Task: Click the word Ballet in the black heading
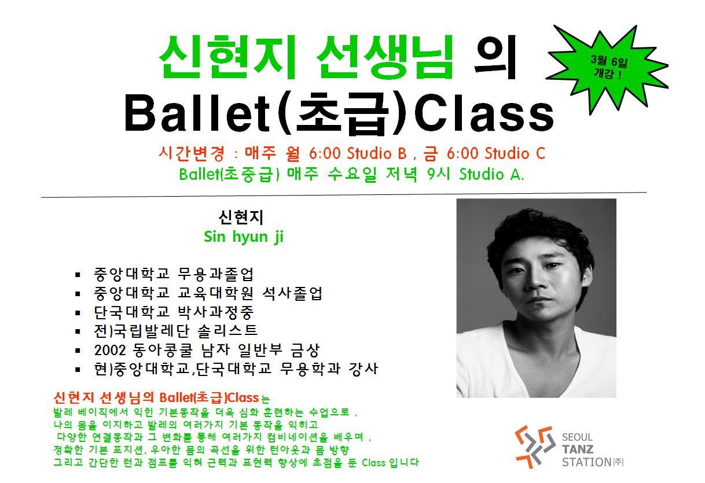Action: pos(197,113)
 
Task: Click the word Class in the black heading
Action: pos(484,113)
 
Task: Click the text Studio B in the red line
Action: pos(376,153)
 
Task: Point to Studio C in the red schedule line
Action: pos(515,153)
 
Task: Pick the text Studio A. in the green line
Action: pos(491,174)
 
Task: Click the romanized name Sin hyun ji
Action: pos(244,237)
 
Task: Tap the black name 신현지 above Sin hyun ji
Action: pos(241,217)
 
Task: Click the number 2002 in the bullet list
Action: pos(110,350)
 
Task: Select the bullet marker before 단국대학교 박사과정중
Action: pos(78,313)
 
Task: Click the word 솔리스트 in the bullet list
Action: pos(228,331)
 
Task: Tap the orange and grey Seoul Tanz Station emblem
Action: pos(535,447)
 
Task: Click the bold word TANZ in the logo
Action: pos(578,449)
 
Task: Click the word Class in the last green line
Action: pos(373,463)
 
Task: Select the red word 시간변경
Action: pos(192,153)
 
